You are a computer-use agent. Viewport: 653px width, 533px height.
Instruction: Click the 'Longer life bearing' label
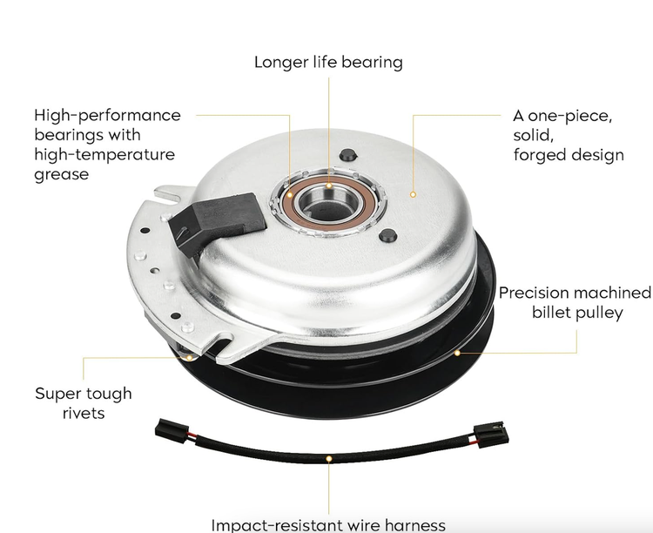(x=328, y=63)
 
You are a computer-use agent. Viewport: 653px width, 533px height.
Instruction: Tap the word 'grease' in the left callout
(x=61, y=174)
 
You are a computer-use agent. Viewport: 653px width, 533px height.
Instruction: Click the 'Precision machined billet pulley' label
(x=576, y=302)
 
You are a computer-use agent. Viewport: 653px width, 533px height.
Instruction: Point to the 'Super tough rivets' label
(x=84, y=403)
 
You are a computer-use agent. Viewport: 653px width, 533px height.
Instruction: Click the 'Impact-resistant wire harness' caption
(x=328, y=524)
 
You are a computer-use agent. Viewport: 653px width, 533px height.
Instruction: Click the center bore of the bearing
(x=327, y=206)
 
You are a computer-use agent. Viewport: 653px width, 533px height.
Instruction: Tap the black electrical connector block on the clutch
(x=217, y=222)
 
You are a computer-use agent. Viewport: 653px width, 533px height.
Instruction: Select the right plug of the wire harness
(x=491, y=435)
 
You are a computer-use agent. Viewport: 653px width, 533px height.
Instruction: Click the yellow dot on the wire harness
(x=329, y=459)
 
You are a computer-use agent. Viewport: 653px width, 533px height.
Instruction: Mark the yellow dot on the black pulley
(x=457, y=353)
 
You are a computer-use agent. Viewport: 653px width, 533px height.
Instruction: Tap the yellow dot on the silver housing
(x=413, y=194)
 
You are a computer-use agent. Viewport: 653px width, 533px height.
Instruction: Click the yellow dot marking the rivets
(x=190, y=358)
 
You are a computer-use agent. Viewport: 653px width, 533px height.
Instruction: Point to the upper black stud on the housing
(x=347, y=155)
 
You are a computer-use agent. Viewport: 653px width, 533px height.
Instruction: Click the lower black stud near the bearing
(x=387, y=236)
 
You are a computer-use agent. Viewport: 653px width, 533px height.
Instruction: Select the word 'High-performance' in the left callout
(x=107, y=116)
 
